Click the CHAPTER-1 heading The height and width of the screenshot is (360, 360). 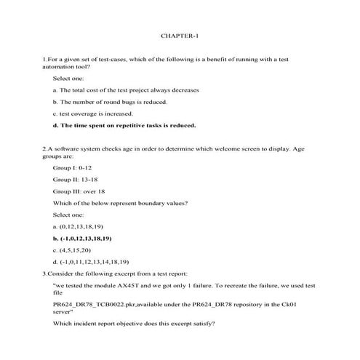point(180,35)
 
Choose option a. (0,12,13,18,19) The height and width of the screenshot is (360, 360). point(84,226)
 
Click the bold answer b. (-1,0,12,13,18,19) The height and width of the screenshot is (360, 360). point(88,238)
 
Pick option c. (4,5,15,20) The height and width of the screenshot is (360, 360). point(76,249)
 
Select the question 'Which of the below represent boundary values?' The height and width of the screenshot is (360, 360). point(120,202)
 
